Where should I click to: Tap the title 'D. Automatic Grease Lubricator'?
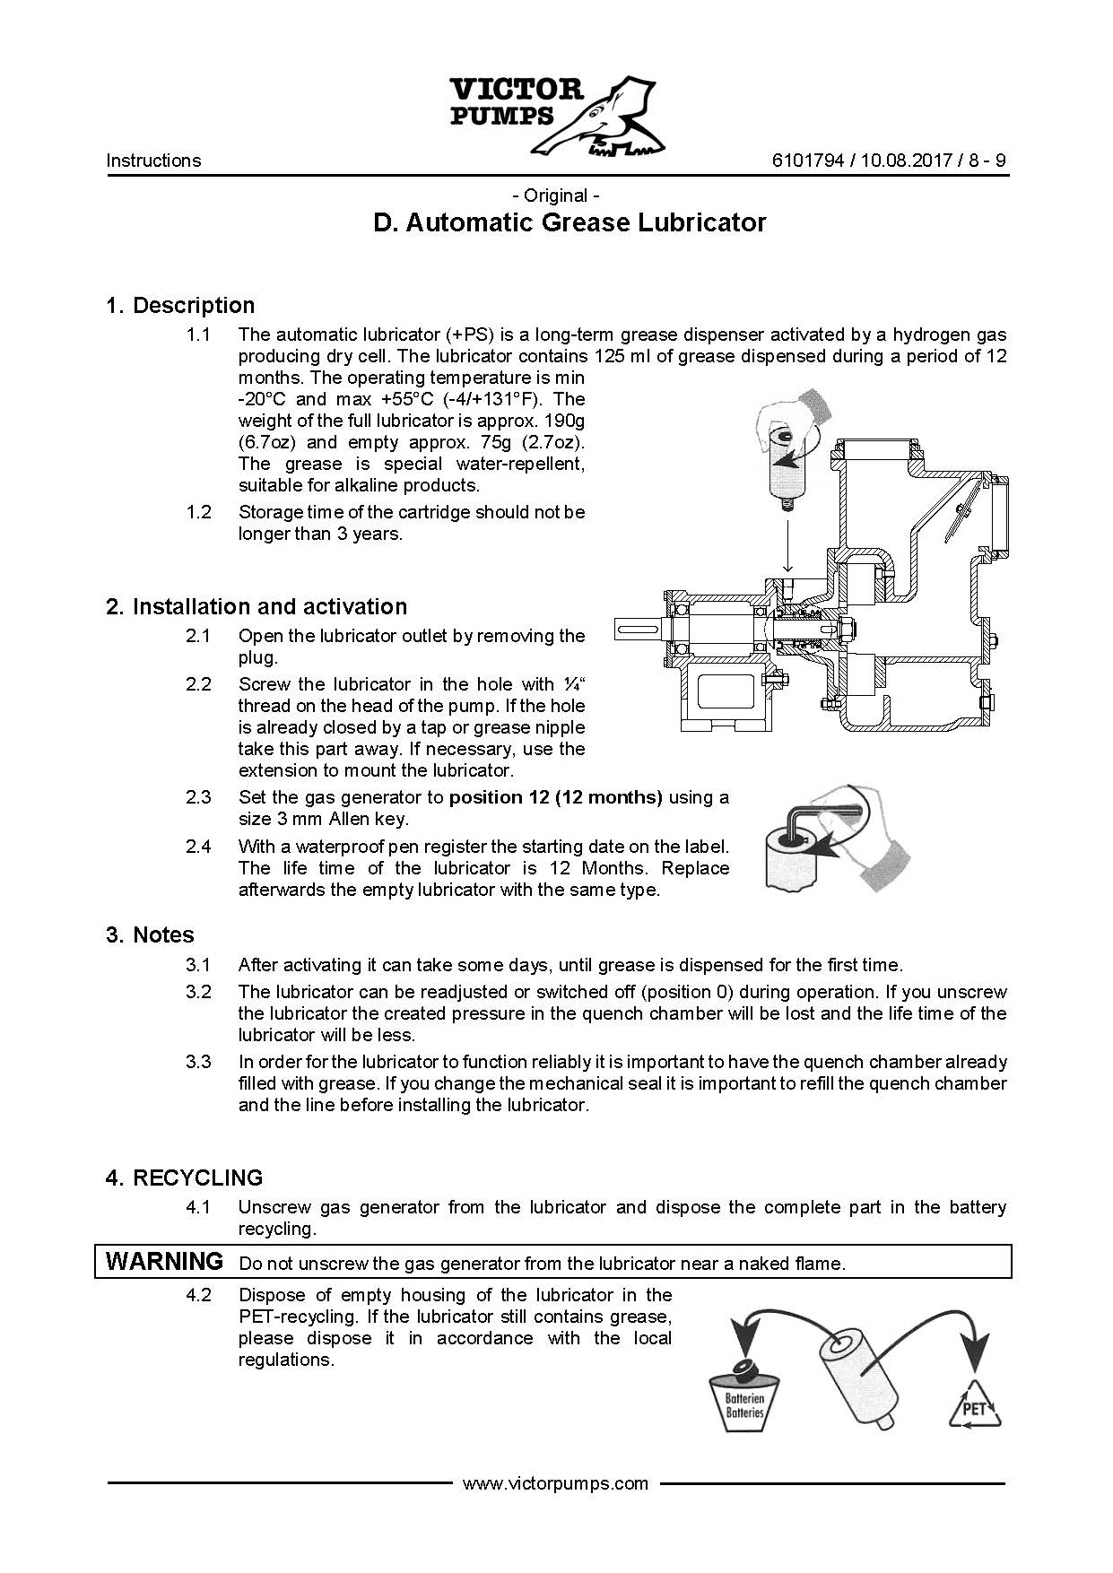pos(570,222)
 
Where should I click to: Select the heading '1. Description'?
pos(180,305)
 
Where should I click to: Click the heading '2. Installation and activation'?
pos(257,606)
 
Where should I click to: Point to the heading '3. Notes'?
pos(150,934)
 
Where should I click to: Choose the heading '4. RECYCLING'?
pos(184,1178)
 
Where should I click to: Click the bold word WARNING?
pos(164,1261)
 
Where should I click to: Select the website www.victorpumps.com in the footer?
pos(555,1483)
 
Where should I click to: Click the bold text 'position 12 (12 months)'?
pos(555,797)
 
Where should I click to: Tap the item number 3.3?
pos(198,1062)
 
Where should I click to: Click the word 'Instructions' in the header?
pos(153,161)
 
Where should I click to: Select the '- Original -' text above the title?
pos(555,196)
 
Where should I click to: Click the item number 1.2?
pos(198,512)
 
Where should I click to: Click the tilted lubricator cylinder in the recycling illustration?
pos(856,1378)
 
